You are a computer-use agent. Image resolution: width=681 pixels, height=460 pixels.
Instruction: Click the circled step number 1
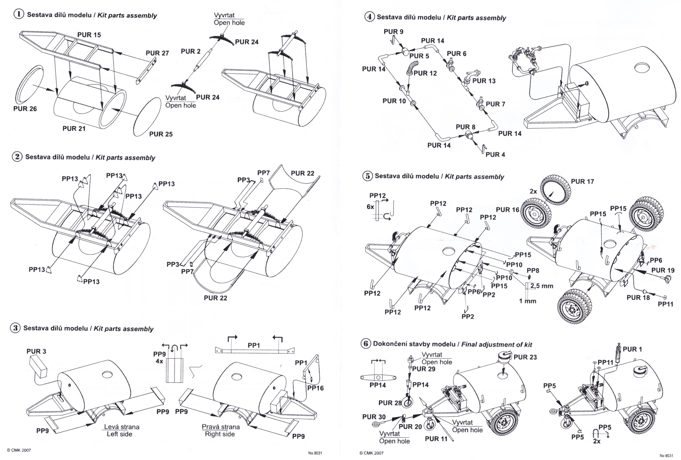coord(19,14)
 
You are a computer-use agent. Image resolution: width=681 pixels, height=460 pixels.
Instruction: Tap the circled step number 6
coord(366,343)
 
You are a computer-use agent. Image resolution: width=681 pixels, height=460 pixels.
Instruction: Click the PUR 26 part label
coord(25,109)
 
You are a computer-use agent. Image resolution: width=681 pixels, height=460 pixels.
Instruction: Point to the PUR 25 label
coord(161,134)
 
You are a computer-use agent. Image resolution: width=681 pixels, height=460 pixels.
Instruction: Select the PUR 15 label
coord(89,34)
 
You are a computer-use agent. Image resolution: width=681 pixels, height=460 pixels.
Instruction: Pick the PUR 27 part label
coord(157,53)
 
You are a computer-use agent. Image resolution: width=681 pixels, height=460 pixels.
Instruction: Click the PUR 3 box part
coord(38,367)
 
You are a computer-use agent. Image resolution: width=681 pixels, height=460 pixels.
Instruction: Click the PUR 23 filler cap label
coord(525,357)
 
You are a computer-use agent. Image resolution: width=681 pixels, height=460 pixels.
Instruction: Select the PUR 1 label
coord(632,349)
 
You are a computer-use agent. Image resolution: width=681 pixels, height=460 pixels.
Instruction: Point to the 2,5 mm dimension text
coord(542,286)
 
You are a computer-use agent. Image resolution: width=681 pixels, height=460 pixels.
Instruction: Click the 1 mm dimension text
coord(527,301)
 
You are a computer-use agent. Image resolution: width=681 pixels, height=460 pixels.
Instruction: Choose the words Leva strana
coord(122,426)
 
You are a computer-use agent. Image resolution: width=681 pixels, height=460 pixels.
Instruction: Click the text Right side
coord(220,434)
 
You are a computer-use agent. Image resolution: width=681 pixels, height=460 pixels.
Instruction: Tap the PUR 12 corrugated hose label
coord(425,73)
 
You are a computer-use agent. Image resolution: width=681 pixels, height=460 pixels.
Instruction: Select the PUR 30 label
coord(374,417)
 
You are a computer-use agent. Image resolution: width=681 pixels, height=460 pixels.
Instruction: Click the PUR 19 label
coord(663,270)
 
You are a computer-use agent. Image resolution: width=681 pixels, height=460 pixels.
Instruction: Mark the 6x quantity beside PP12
coord(370,207)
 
